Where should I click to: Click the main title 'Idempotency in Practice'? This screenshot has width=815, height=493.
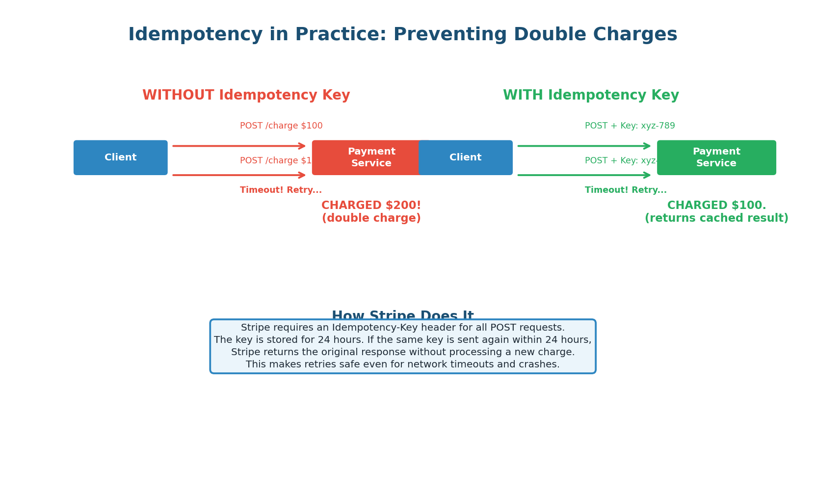pyautogui.click(x=402, y=35)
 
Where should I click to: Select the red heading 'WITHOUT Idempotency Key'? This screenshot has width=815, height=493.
pyautogui.click(x=246, y=95)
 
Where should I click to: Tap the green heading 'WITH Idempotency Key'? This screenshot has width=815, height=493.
pyautogui.click(x=591, y=95)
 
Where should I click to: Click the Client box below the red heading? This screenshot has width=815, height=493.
pyautogui.click(x=121, y=157)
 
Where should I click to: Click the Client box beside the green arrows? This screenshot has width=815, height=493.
pyautogui.click(x=466, y=157)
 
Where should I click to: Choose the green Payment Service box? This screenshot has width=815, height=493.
pyautogui.click(x=716, y=157)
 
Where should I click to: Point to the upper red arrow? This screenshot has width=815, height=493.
pyautogui.click(x=239, y=146)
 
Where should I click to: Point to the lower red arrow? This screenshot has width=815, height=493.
pyautogui.click(x=239, y=175)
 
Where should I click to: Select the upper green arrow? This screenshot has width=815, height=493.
pyautogui.click(x=584, y=146)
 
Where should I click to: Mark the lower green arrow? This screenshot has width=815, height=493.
pyautogui.click(x=584, y=175)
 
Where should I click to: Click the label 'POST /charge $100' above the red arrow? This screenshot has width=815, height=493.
pyautogui.click(x=281, y=126)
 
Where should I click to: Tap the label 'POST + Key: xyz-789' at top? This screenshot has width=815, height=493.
pyautogui.click(x=630, y=126)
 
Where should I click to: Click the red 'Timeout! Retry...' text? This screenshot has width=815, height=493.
pyautogui.click(x=281, y=190)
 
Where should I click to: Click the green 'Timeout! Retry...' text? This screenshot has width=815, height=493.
pyautogui.click(x=626, y=190)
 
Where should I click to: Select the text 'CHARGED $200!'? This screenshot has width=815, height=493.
pyautogui.click(x=371, y=206)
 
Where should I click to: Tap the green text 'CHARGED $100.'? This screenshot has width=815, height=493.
pyautogui.click(x=716, y=206)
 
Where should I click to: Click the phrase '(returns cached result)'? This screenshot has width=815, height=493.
pyautogui.click(x=716, y=218)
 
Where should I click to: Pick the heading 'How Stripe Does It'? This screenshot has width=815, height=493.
pyautogui.click(x=402, y=315)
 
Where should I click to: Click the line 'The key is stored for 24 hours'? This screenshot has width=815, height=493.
pyautogui.click(x=402, y=340)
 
